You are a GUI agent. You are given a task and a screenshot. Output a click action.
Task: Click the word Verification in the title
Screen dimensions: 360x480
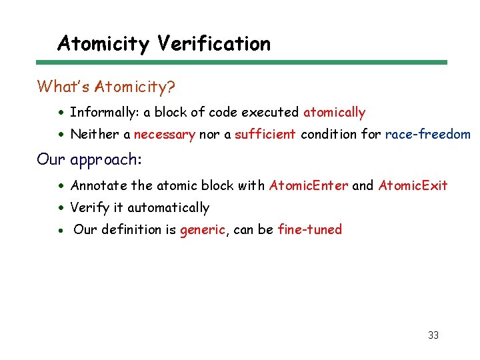(214, 44)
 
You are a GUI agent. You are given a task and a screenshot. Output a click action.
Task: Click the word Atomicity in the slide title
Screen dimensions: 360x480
(103, 44)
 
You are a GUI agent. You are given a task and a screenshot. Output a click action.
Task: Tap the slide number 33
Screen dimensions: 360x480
(433, 335)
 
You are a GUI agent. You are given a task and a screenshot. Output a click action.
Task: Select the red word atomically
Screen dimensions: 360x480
(334, 113)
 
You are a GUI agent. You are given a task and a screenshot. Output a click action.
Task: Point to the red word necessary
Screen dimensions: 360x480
(164, 135)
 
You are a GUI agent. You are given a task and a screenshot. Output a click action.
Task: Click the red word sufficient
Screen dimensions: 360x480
(265, 135)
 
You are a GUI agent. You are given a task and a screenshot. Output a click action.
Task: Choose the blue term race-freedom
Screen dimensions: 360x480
(427, 135)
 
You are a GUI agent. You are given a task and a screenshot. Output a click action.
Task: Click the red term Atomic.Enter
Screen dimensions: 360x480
(308, 185)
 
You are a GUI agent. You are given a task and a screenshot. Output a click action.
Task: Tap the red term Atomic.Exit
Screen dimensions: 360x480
(413, 185)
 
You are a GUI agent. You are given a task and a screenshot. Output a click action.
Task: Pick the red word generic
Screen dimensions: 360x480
(203, 230)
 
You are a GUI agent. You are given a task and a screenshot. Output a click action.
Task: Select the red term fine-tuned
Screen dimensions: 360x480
(309, 230)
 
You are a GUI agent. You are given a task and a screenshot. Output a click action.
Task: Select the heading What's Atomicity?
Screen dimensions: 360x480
(106, 87)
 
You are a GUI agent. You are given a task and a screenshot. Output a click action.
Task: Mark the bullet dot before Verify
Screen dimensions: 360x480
(61, 208)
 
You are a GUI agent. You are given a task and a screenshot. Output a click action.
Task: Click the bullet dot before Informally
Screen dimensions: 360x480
(61, 113)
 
